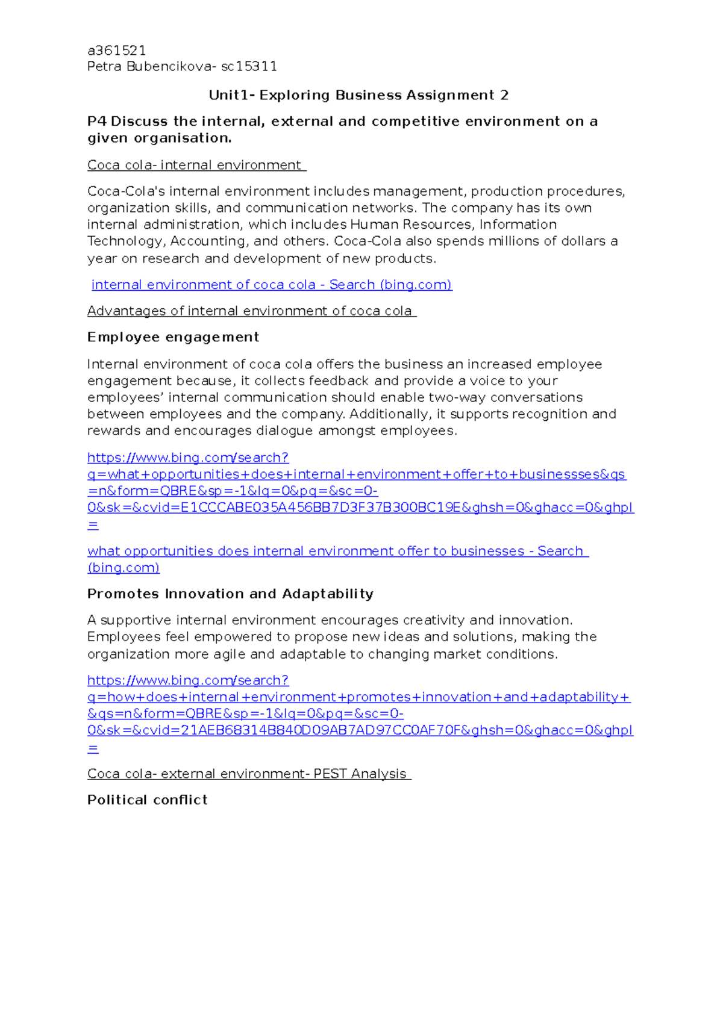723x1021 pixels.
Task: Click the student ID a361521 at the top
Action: (116, 50)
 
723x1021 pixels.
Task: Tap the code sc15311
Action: (249, 66)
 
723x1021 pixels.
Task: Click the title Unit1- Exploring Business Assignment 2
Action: (358, 95)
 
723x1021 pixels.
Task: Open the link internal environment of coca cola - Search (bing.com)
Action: (271, 285)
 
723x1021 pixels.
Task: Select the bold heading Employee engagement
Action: (173, 337)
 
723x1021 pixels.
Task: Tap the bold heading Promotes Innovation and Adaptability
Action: (230, 594)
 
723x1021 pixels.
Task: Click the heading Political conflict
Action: (147, 799)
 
